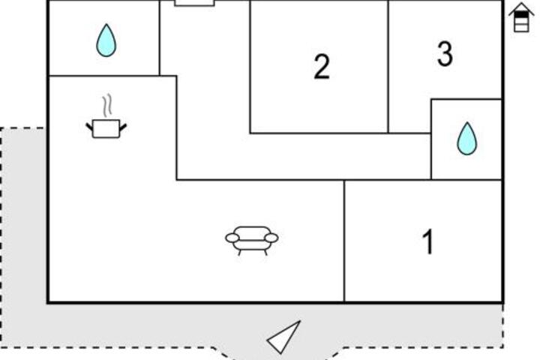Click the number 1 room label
428,241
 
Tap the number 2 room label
322,67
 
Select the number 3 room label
445,53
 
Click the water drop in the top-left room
106,40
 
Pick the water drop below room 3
467,139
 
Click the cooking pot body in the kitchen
106,129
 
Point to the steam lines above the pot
107,105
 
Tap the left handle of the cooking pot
89,127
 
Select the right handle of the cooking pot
123,127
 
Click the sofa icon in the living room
252,240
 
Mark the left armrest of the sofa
232,238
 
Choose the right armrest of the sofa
271,238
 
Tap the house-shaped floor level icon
521,17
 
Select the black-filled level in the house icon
521,15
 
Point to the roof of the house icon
521,9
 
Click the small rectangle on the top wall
194,3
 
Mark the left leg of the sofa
240,253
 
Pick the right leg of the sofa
265,253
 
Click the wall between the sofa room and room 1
344,241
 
